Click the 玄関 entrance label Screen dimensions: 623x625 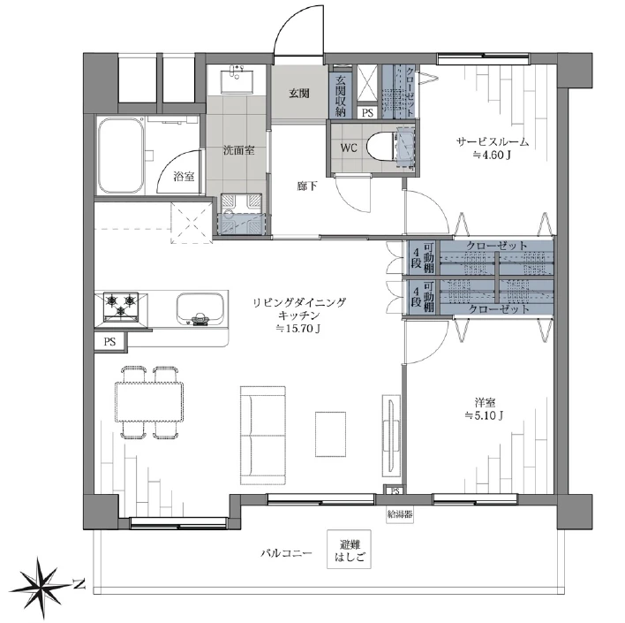[298, 93]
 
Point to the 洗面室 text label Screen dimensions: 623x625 [238, 150]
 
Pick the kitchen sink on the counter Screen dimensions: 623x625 [198, 308]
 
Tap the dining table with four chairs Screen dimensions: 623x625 [149, 402]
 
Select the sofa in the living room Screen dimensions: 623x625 [263, 435]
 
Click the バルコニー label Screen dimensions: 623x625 [286, 554]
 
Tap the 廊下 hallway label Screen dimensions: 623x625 [306, 186]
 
